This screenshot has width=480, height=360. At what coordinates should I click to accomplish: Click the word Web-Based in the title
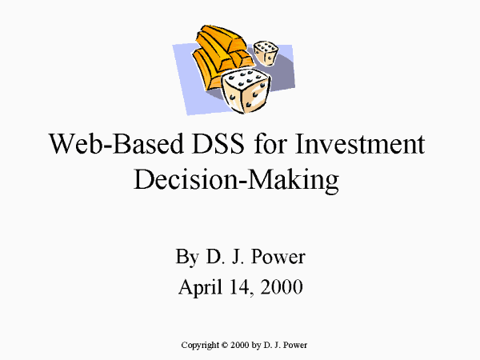tap(116, 143)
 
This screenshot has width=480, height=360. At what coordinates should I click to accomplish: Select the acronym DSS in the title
tap(218, 143)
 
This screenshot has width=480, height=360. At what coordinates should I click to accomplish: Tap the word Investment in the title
tap(360, 143)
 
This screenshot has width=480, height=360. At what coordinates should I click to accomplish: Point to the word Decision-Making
tap(236, 179)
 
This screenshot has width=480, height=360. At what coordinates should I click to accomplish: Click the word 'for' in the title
tap(270, 143)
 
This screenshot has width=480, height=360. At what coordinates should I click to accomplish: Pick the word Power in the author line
tap(278, 257)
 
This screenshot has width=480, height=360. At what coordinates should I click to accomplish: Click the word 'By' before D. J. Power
tap(187, 257)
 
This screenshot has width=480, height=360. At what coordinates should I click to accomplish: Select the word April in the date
tap(201, 287)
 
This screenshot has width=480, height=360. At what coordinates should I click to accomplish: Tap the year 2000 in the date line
tap(282, 287)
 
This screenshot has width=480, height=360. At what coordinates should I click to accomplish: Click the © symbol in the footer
tap(225, 345)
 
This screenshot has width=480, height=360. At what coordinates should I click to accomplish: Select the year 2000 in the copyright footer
tap(240, 345)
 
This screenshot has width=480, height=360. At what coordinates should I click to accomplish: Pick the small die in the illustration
tap(266, 53)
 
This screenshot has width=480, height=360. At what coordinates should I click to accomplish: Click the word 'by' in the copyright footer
tap(256, 346)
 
